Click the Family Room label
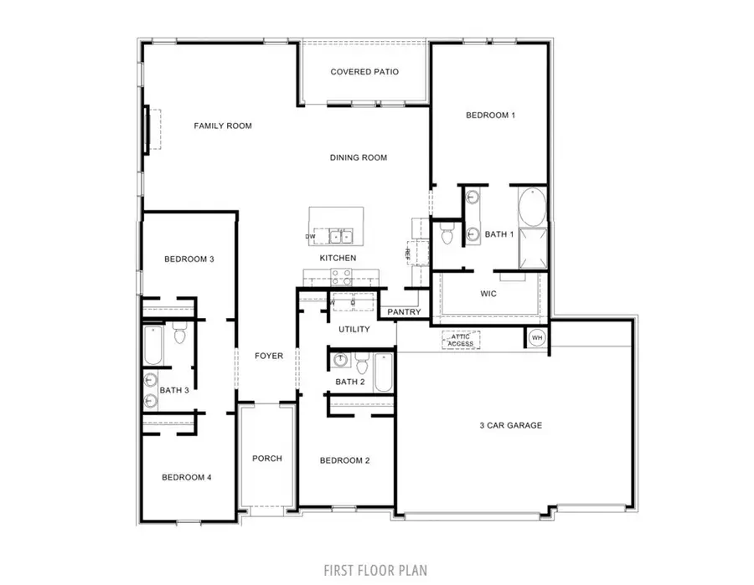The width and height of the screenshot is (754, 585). point(223,126)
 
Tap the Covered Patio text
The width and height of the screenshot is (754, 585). point(364,72)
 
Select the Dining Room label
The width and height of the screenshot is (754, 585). point(358,157)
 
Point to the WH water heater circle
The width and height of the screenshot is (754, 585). point(536,338)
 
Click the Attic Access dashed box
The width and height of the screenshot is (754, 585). point(461,340)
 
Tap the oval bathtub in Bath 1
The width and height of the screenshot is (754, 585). point(532,207)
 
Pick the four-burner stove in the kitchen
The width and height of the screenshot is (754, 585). point(342,277)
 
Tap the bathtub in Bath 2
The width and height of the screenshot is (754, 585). point(383,372)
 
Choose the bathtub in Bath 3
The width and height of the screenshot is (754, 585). point(153,346)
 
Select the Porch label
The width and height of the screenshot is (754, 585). point(267,458)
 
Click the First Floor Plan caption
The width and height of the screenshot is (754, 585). point(375,570)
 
